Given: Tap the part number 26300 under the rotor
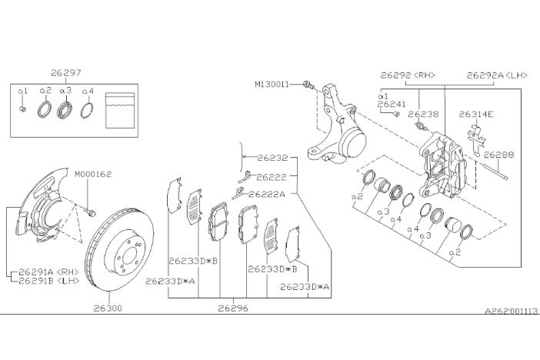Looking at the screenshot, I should point(108,308).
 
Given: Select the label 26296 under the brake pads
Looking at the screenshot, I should point(233,308).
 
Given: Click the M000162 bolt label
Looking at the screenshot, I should point(93,174).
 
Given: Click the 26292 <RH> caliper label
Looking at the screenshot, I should point(407,75).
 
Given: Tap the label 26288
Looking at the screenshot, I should point(498,154).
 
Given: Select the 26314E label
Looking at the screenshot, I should point(476,114).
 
